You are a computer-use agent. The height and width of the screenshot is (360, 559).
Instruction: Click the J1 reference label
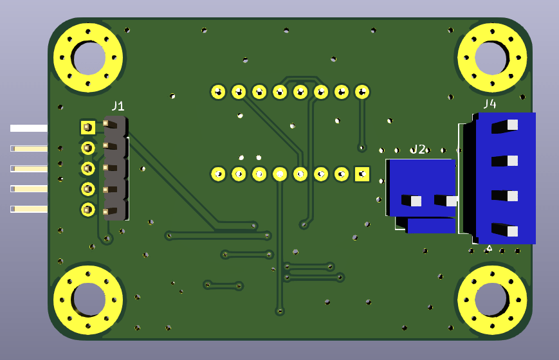pos(118,106)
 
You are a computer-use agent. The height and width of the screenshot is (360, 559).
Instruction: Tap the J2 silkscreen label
pos(418,149)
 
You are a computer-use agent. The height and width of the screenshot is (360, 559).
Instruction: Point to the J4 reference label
pos(490,104)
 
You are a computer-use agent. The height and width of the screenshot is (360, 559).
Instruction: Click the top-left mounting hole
pos(88,58)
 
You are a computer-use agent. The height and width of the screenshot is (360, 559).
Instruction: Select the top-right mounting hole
pos(492,58)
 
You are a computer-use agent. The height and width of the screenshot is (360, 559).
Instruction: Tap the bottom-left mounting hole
pos(88,300)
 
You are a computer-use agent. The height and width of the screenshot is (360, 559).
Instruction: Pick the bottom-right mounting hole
pos(492,300)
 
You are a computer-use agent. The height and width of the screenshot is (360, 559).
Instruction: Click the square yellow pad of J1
pos(88,127)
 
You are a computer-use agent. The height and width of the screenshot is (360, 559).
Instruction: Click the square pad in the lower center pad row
pos(362,174)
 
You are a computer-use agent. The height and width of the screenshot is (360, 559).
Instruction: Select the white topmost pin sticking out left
pos(29,129)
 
